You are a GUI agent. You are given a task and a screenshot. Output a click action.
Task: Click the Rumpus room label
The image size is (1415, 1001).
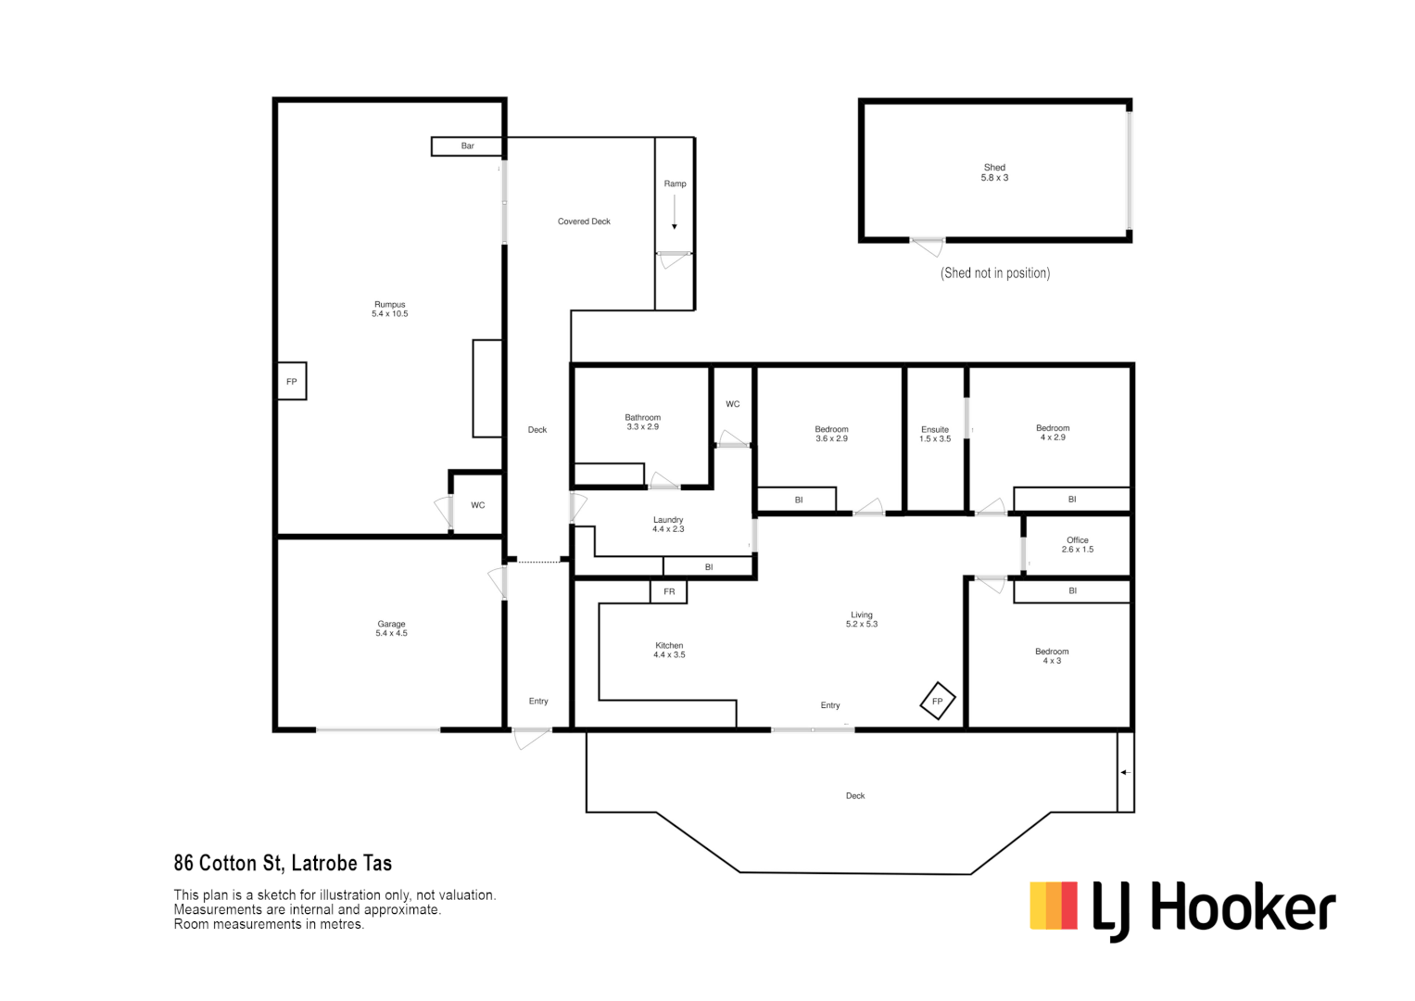coord(389,309)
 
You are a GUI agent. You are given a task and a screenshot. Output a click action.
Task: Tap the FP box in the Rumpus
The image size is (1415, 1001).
coord(292,381)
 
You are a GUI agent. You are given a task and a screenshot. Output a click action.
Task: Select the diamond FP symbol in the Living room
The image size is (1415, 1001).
coord(937,701)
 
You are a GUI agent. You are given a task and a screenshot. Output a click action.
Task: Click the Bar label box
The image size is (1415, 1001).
coord(467,146)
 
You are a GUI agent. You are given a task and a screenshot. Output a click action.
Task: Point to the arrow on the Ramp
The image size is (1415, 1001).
coord(675,212)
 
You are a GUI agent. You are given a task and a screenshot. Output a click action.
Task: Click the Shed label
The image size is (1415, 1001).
coord(994,172)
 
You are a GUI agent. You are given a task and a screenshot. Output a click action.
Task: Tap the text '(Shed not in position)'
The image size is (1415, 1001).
coord(995,272)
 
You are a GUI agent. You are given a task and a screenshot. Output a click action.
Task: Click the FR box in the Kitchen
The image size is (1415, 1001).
coord(669,591)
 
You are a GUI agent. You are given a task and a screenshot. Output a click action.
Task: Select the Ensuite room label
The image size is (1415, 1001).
coord(935,434)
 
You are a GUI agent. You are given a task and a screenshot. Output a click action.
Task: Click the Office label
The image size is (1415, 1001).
coord(1077,544)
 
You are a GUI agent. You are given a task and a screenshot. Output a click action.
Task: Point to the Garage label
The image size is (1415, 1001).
coord(391,628)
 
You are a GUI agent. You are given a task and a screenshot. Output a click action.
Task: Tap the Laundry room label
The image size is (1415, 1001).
coord(668,524)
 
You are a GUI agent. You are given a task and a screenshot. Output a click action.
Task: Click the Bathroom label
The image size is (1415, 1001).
coord(642,422)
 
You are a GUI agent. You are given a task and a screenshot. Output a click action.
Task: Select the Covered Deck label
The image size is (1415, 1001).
coord(584,222)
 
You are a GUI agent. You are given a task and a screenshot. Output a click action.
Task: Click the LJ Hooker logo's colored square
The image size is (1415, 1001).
coord(1054,906)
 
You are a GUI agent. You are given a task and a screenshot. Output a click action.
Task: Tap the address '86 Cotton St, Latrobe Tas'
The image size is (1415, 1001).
coord(283,863)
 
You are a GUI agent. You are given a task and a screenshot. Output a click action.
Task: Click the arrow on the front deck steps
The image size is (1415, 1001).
coord(1125,772)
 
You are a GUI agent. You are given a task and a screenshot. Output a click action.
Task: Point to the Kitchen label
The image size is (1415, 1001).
coord(669,650)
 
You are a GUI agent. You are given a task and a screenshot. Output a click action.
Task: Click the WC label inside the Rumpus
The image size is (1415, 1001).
coord(477,505)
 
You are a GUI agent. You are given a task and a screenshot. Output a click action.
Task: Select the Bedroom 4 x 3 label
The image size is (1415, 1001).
coord(1052,655)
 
